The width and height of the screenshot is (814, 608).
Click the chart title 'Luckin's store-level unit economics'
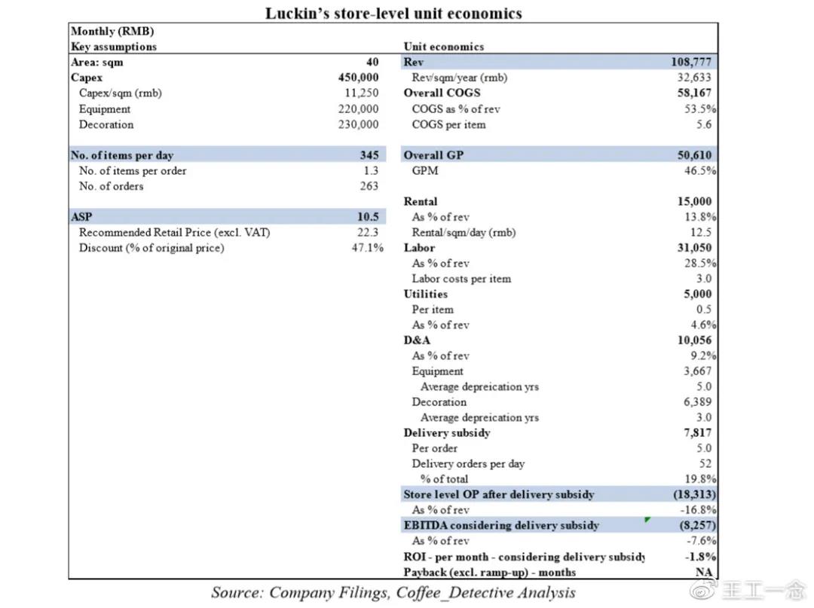coord(393,13)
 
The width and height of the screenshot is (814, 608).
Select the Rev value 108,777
coord(690,62)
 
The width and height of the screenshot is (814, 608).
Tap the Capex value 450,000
coord(358,78)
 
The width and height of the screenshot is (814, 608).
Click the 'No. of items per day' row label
coord(122,155)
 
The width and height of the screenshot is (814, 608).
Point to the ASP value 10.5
coord(368,217)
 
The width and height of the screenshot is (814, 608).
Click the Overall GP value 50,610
coord(694,155)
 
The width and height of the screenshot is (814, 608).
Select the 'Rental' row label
coord(421,201)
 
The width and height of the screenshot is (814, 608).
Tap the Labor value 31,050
coord(694,248)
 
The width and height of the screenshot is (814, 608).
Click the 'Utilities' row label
coord(425,294)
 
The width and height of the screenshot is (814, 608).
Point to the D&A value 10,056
coord(694,341)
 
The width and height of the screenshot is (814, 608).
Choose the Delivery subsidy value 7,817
coord(697,433)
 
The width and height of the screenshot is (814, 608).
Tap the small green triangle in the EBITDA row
coord(647,520)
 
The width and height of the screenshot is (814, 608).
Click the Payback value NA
coord(703,573)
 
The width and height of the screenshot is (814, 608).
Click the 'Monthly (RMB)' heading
coord(112,31)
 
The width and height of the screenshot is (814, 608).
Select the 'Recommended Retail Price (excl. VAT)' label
coord(174,233)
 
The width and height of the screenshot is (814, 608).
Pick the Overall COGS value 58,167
coord(694,93)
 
